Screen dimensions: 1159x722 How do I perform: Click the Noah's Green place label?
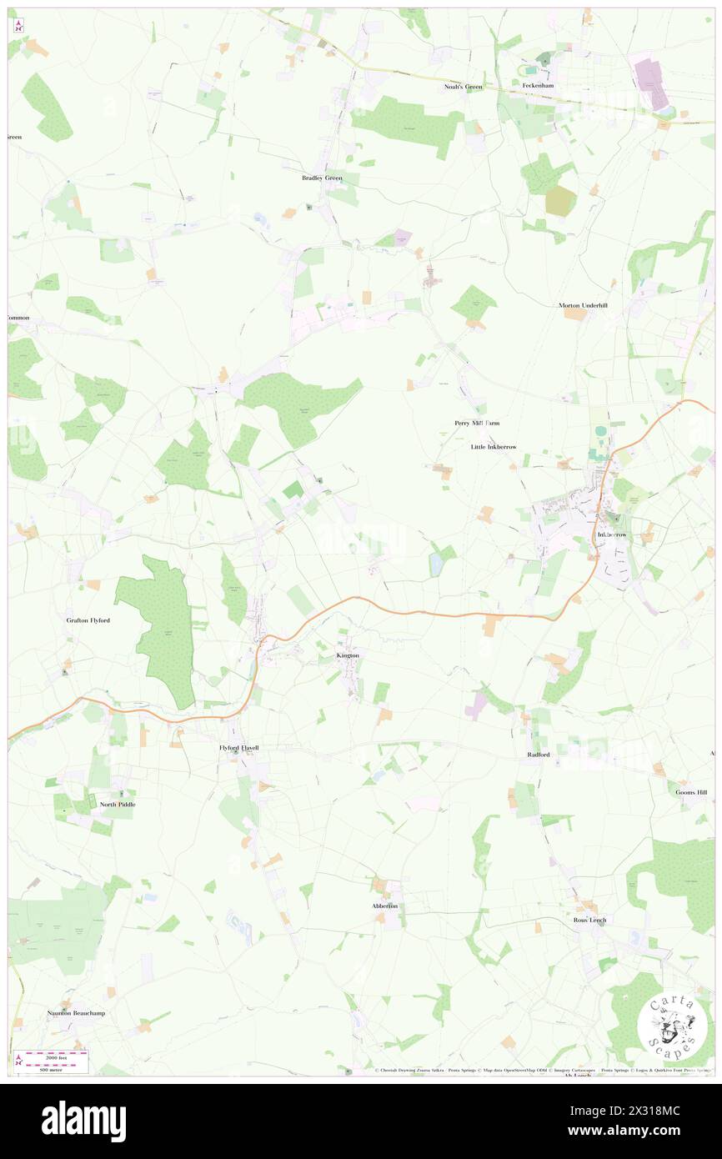point(463,87)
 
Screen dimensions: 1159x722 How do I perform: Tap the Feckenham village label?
point(538,86)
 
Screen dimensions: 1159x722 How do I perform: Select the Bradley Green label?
point(322,178)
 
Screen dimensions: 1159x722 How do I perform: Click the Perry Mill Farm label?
point(477,423)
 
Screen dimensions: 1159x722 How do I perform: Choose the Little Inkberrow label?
point(494,447)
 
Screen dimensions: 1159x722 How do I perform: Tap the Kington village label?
point(348,655)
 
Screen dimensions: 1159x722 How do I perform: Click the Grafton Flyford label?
point(88,620)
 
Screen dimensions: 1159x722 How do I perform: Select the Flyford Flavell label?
point(238,748)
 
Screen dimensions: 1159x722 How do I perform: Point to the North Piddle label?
point(118,805)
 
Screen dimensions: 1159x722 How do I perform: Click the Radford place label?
point(539,755)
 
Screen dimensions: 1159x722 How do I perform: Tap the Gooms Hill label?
point(692,792)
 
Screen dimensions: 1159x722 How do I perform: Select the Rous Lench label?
point(590,920)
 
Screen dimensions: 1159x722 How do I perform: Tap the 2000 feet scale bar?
point(54,1056)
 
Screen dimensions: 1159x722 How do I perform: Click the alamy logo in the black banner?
point(83,1121)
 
